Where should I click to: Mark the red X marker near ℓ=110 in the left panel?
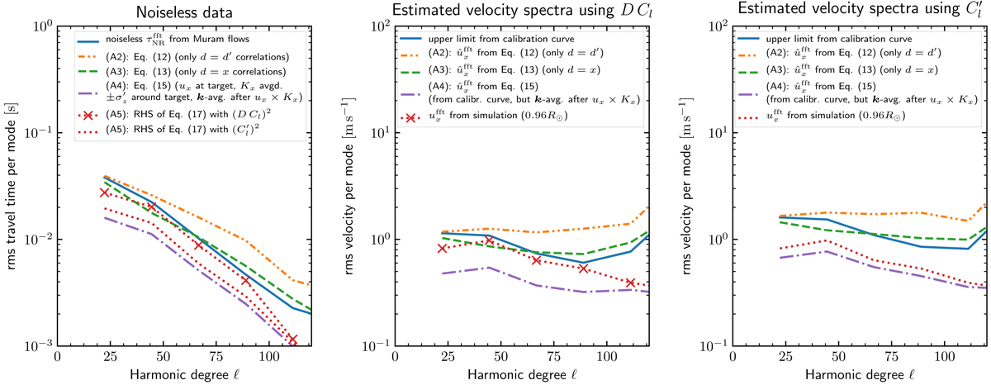[292, 339]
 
